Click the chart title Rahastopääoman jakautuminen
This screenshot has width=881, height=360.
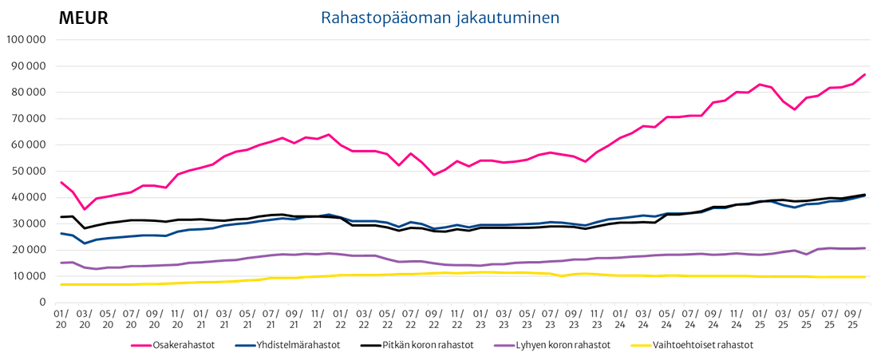click(x=440, y=18)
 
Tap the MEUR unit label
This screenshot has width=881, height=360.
click(x=84, y=18)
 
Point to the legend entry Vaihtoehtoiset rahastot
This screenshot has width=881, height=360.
click(x=703, y=346)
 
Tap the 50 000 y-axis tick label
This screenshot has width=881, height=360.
click(x=29, y=171)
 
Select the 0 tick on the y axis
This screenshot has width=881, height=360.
click(x=44, y=303)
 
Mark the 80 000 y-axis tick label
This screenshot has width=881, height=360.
click(x=29, y=92)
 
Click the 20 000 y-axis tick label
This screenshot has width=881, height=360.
click(x=29, y=250)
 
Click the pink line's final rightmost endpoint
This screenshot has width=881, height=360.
click(x=865, y=75)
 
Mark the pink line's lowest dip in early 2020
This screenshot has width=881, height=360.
click(x=85, y=209)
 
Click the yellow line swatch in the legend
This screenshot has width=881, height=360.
click(x=638, y=346)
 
